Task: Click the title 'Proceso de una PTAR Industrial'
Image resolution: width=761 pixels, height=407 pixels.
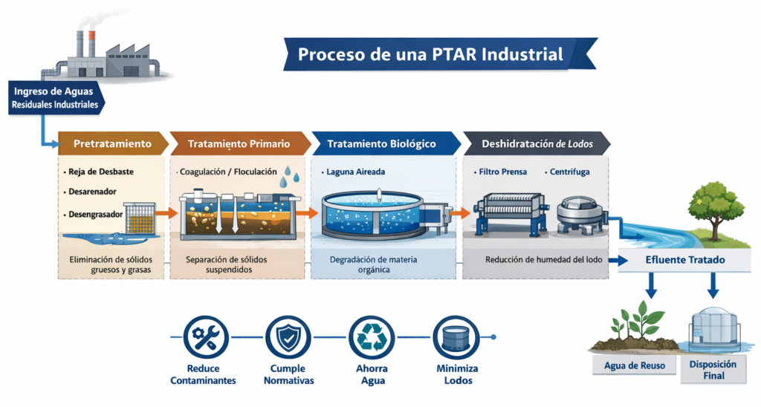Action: (430, 54)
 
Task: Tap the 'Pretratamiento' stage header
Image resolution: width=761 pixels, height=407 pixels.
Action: (113, 143)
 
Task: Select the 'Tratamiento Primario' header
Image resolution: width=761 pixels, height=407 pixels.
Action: (239, 143)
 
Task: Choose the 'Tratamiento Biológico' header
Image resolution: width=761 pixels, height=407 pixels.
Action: (382, 143)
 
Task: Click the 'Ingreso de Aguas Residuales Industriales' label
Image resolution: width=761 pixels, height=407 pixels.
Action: (54, 97)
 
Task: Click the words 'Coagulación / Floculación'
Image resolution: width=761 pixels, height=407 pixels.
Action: (227, 172)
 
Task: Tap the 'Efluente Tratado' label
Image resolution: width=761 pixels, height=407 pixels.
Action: (684, 261)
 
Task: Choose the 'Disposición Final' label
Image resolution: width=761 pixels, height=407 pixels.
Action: (713, 369)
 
